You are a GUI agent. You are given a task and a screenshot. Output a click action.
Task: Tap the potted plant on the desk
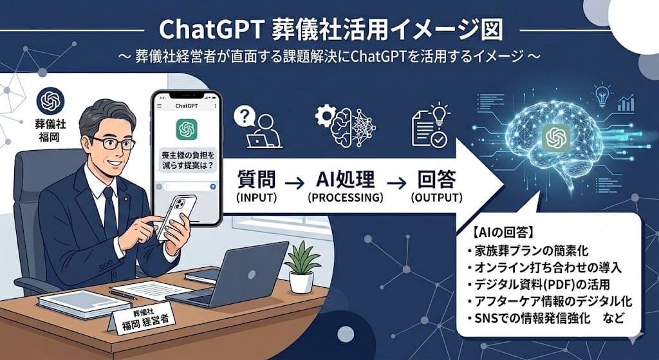point(301,267)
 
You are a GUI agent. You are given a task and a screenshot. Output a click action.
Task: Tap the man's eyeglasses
point(113,142)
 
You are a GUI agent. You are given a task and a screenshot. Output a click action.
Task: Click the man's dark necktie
point(110,213)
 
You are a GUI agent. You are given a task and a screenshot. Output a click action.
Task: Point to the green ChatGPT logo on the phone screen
point(186,130)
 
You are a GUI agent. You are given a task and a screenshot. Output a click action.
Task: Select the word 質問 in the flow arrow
point(257,180)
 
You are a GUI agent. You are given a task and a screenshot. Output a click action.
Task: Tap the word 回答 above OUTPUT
point(437,180)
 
